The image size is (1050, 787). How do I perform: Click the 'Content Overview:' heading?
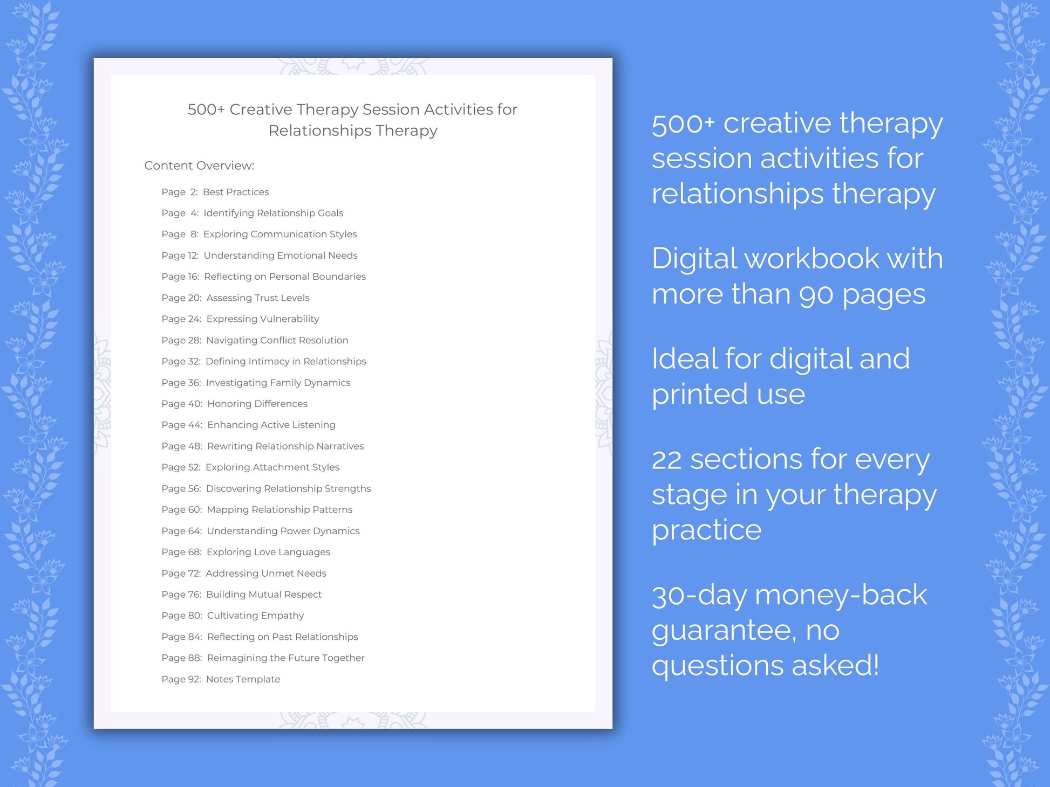(x=199, y=165)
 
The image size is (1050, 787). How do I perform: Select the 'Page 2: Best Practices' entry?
(x=215, y=192)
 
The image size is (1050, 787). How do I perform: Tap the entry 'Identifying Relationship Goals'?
(x=273, y=213)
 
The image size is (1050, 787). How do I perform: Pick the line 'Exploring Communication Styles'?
(x=280, y=234)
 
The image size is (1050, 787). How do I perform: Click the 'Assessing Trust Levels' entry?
(x=258, y=298)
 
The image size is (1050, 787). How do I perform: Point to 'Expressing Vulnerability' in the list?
(x=263, y=319)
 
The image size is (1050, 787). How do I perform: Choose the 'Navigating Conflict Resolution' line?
(x=277, y=340)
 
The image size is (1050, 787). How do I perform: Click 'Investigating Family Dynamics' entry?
(x=278, y=382)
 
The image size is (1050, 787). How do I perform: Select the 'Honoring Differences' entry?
(x=257, y=403)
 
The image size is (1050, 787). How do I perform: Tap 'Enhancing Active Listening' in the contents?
(x=271, y=425)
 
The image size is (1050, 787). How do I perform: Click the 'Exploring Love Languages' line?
(x=268, y=551)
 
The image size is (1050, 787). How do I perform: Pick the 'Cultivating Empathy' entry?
(x=255, y=615)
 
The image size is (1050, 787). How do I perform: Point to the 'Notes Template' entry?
(x=243, y=679)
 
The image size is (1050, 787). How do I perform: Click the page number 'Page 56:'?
(x=181, y=488)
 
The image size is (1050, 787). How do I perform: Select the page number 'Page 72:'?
(x=181, y=573)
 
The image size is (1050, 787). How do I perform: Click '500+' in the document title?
(x=206, y=109)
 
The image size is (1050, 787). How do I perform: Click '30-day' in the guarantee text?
(x=699, y=595)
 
